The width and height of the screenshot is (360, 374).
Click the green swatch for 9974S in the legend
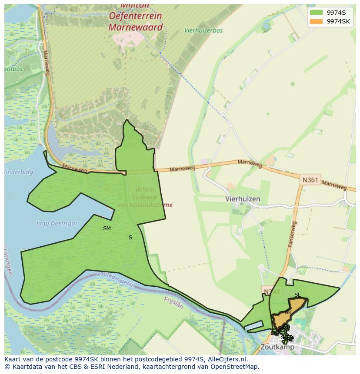click(316, 13)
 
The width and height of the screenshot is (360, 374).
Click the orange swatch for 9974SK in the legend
click(316, 21)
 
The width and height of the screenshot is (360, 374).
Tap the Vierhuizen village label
click(243, 199)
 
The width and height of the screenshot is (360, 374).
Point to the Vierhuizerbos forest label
click(203, 30)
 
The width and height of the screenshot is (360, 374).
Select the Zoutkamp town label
click(277, 347)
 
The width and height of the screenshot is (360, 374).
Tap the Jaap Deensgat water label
click(57, 224)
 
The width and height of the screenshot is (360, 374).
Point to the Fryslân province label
click(174, 302)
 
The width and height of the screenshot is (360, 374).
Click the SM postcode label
click(107, 228)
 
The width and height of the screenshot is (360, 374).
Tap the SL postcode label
click(297, 295)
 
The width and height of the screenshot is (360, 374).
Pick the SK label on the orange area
click(288, 312)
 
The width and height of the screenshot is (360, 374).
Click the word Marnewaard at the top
click(135, 27)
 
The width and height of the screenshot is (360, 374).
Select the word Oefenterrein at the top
click(135, 16)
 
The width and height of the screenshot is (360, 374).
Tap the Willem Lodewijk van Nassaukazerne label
click(145, 197)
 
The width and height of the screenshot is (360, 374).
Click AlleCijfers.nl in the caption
click(226, 360)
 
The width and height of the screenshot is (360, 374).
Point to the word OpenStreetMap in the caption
click(234, 367)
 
